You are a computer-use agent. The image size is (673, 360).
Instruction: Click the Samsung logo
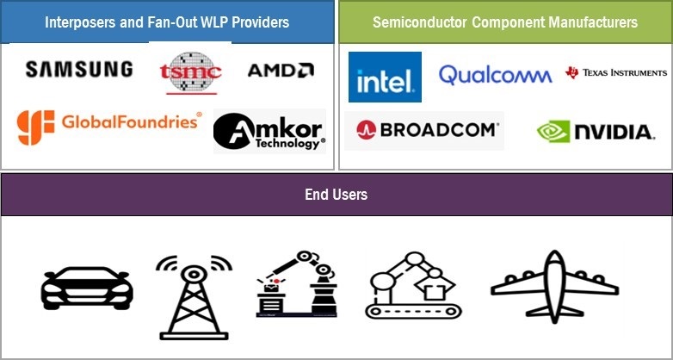[79, 69]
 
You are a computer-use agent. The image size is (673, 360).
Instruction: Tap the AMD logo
[281, 70]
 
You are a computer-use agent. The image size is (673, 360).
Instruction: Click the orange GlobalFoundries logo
[109, 126]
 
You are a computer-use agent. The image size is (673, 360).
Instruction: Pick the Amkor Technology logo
[269, 131]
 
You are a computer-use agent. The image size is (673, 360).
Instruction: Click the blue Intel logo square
[385, 78]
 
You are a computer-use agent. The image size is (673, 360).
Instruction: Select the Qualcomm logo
[495, 75]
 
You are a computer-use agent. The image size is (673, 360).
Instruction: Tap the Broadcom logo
[427, 130]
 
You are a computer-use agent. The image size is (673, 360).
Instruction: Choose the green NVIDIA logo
[596, 132]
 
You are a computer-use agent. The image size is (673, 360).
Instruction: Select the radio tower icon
[194, 297]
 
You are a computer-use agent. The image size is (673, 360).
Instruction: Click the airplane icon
[554, 286]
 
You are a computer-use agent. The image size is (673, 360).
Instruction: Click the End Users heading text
[336, 195]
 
